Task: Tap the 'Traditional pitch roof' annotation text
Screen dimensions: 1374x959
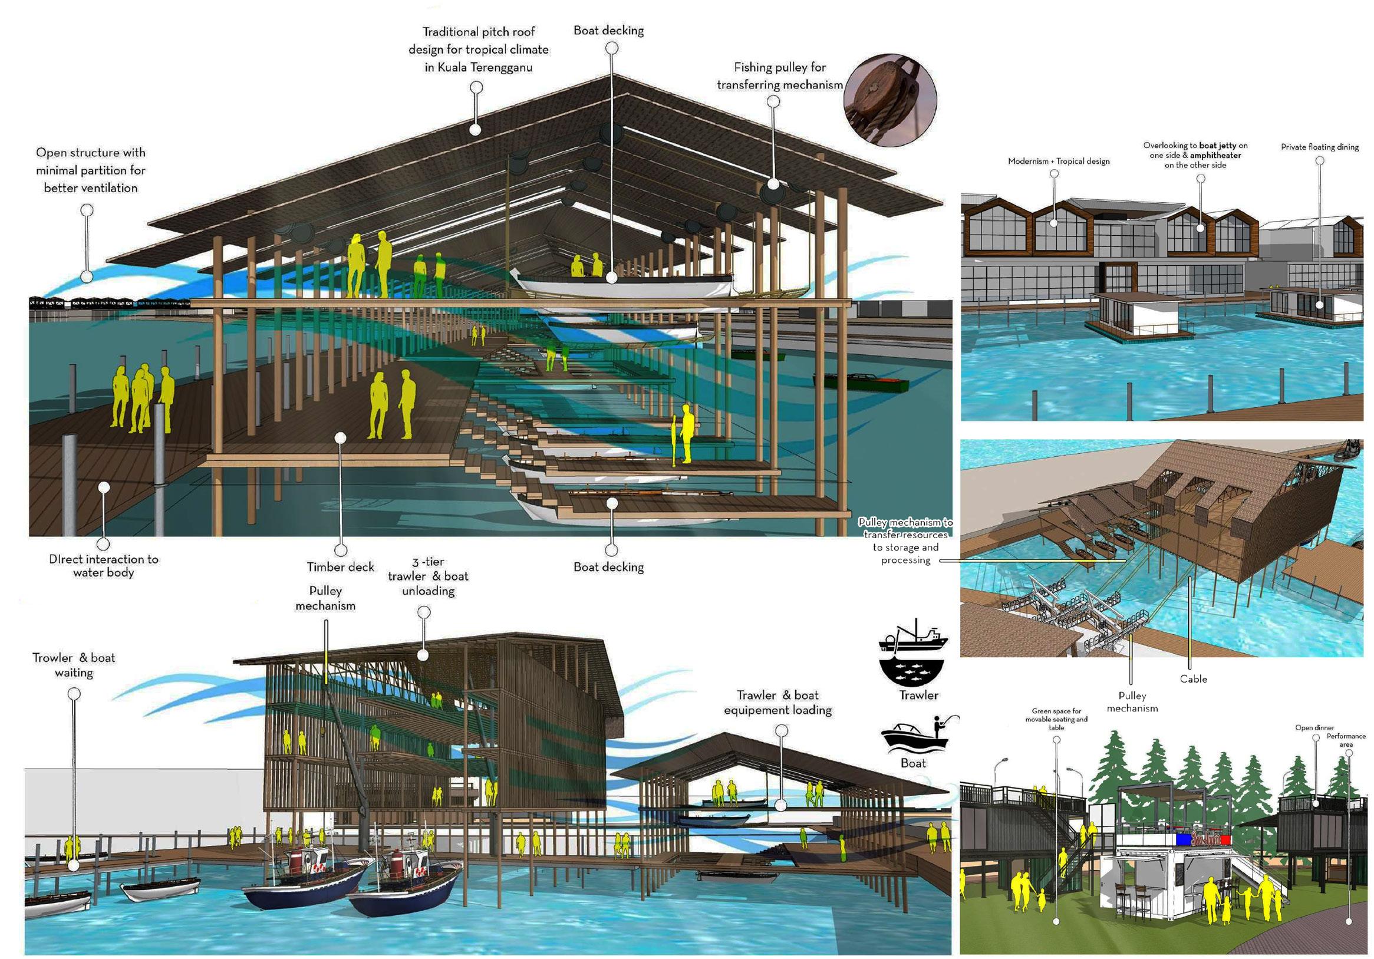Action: (478, 49)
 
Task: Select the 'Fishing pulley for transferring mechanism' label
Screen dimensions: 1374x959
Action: (780, 76)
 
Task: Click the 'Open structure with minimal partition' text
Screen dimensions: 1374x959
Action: (90, 170)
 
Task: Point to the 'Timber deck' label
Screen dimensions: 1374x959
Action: (340, 566)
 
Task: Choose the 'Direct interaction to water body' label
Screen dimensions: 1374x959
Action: (104, 565)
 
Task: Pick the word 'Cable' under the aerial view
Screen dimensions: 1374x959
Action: (1192, 679)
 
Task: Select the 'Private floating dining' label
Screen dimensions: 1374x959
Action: (1320, 147)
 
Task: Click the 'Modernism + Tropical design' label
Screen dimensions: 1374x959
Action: (1059, 161)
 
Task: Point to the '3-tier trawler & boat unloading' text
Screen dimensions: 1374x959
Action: (428, 576)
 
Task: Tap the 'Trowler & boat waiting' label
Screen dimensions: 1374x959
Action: (74, 665)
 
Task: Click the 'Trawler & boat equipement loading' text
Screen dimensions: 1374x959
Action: (777, 703)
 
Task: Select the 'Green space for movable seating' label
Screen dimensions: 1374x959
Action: (1056, 719)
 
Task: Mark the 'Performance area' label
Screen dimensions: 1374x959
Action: (1346, 740)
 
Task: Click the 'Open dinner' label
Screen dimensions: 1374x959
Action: (1314, 727)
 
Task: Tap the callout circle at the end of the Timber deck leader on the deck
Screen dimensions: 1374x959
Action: (341, 438)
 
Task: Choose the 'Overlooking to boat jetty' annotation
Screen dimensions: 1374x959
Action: (1195, 155)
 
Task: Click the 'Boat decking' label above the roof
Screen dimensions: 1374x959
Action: (609, 30)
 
